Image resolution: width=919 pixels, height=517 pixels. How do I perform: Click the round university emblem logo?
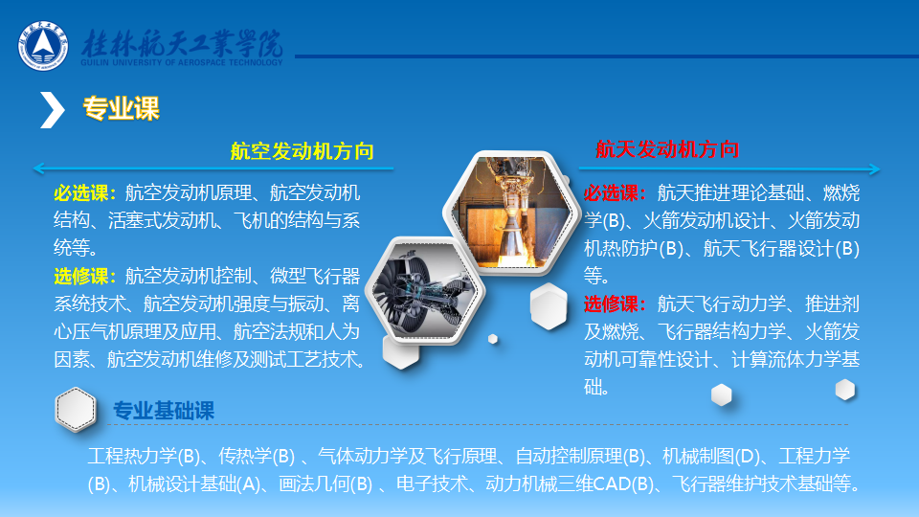coord(43,46)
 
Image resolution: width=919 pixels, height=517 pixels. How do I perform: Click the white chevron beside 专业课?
coord(52,109)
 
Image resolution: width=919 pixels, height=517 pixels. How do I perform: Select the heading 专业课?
coord(121,108)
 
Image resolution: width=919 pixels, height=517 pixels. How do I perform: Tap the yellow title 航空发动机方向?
coord(302,151)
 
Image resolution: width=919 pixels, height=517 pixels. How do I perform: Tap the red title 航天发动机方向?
coord(667,149)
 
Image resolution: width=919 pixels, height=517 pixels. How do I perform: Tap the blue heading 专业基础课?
coord(164,411)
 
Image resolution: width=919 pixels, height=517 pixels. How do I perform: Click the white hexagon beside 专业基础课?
coord(76,410)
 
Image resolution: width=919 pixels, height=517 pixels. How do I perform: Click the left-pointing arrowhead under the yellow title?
coord(38,169)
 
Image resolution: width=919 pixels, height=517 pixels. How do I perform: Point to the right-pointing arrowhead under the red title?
coord(874,169)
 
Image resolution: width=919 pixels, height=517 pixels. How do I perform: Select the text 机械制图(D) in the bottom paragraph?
coord(710,456)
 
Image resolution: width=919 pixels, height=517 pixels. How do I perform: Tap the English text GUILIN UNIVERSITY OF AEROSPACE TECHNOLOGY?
coord(182,63)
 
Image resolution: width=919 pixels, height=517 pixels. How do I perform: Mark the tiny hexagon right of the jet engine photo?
coord(493,339)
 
